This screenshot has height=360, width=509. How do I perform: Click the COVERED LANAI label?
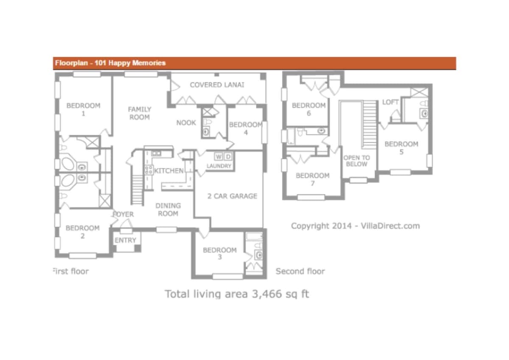pyautogui.click(x=217, y=85)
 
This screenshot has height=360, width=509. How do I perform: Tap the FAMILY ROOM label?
pyautogui.click(x=140, y=113)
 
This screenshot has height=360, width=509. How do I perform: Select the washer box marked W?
pyautogui.click(x=218, y=156)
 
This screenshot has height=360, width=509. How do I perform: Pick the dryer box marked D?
pyautogui.click(x=228, y=156)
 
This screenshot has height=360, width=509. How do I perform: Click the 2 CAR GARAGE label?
pyautogui.click(x=232, y=196)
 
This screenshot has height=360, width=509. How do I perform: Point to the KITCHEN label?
pyautogui.click(x=169, y=170)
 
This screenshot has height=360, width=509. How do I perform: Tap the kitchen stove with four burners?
pyautogui.click(x=149, y=170)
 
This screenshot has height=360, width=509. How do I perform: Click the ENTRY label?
pyautogui.click(x=125, y=240)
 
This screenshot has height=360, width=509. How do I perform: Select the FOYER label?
pyautogui.click(x=123, y=214)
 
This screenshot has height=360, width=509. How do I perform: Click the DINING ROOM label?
pyautogui.click(x=168, y=209)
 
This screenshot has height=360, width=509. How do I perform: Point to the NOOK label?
pyautogui.click(x=186, y=123)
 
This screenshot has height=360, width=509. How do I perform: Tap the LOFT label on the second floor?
pyautogui.click(x=390, y=102)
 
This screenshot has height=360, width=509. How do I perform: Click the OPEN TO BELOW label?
pyautogui.click(x=357, y=161)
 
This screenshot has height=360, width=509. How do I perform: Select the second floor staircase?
pyautogui.click(x=369, y=125)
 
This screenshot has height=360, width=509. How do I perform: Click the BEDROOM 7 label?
pyautogui.click(x=313, y=179)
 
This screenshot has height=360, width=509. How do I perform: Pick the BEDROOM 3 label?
pyautogui.click(x=220, y=253)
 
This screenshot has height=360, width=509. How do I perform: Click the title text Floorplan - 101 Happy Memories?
pyautogui.click(x=110, y=63)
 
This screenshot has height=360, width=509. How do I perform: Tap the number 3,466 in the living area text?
pyautogui.click(x=267, y=294)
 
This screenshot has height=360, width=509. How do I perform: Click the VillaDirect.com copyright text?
pyautogui.click(x=355, y=226)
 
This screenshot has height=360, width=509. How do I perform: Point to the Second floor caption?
pyautogui.click(x=300, y=271)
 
